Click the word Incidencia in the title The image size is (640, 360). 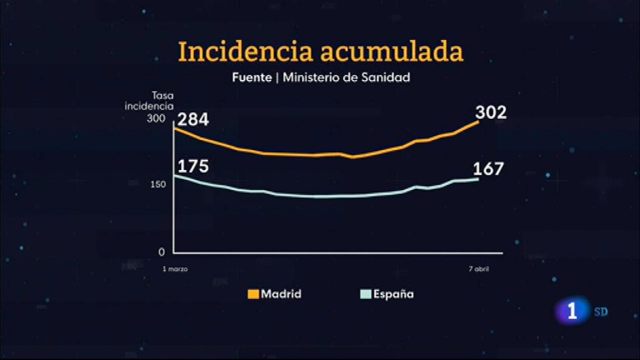tap(245, 52)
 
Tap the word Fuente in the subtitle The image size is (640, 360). tap(252, 77)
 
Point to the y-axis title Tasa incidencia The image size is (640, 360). tap(150, 101)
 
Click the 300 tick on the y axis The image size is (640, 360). tap(156, 118)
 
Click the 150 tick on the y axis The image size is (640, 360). tap(158, 184)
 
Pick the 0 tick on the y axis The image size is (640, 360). tap(161, 252)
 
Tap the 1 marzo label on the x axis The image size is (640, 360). tap(175, 269)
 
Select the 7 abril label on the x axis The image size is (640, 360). tap(478, 269)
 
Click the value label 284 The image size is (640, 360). tap(193, 120)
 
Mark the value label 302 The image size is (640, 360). tap(491, 112)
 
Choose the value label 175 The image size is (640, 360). tap(193, 166)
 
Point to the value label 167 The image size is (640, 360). tap(488, 169)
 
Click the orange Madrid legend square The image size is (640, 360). tap(253, 294)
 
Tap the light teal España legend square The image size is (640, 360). tap(366, 294)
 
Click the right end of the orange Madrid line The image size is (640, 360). tap(478, 122)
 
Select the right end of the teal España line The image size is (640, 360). tap(478, 179)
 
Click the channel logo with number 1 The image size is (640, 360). tap(572, 311)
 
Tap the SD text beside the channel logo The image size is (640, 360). tap(601, 312)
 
